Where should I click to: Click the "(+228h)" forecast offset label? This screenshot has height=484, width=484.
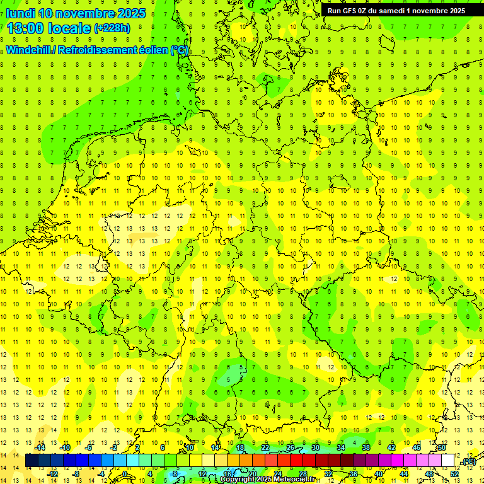pyautogui.click(x=112, y=28)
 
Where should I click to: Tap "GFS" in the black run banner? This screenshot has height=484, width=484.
pyautogui.click(x=350, y=10)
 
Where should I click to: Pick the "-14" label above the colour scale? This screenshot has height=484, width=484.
pyautogui.click(x=40, y=447)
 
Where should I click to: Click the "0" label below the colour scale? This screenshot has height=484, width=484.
pyautogui.click(x=125, y=473)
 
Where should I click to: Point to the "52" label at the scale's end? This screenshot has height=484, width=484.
pyautogui.click(x=454, y=473)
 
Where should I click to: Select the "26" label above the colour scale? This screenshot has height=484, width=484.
pyautogui.click(x=291, y=447)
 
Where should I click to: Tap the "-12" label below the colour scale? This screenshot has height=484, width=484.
pyautogui.click(x=53, y=473)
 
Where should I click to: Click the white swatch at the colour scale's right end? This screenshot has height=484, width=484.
pyautogui.click(x=447, y=461)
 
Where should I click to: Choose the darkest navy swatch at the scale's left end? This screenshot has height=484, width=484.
pyautogui.click(x=32, y=461)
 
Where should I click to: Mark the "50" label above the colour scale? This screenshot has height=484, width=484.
pyautogui.click(x=442, y=447)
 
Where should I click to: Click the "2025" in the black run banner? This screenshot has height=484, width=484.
pyautogui.click(x=454, y=10)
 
